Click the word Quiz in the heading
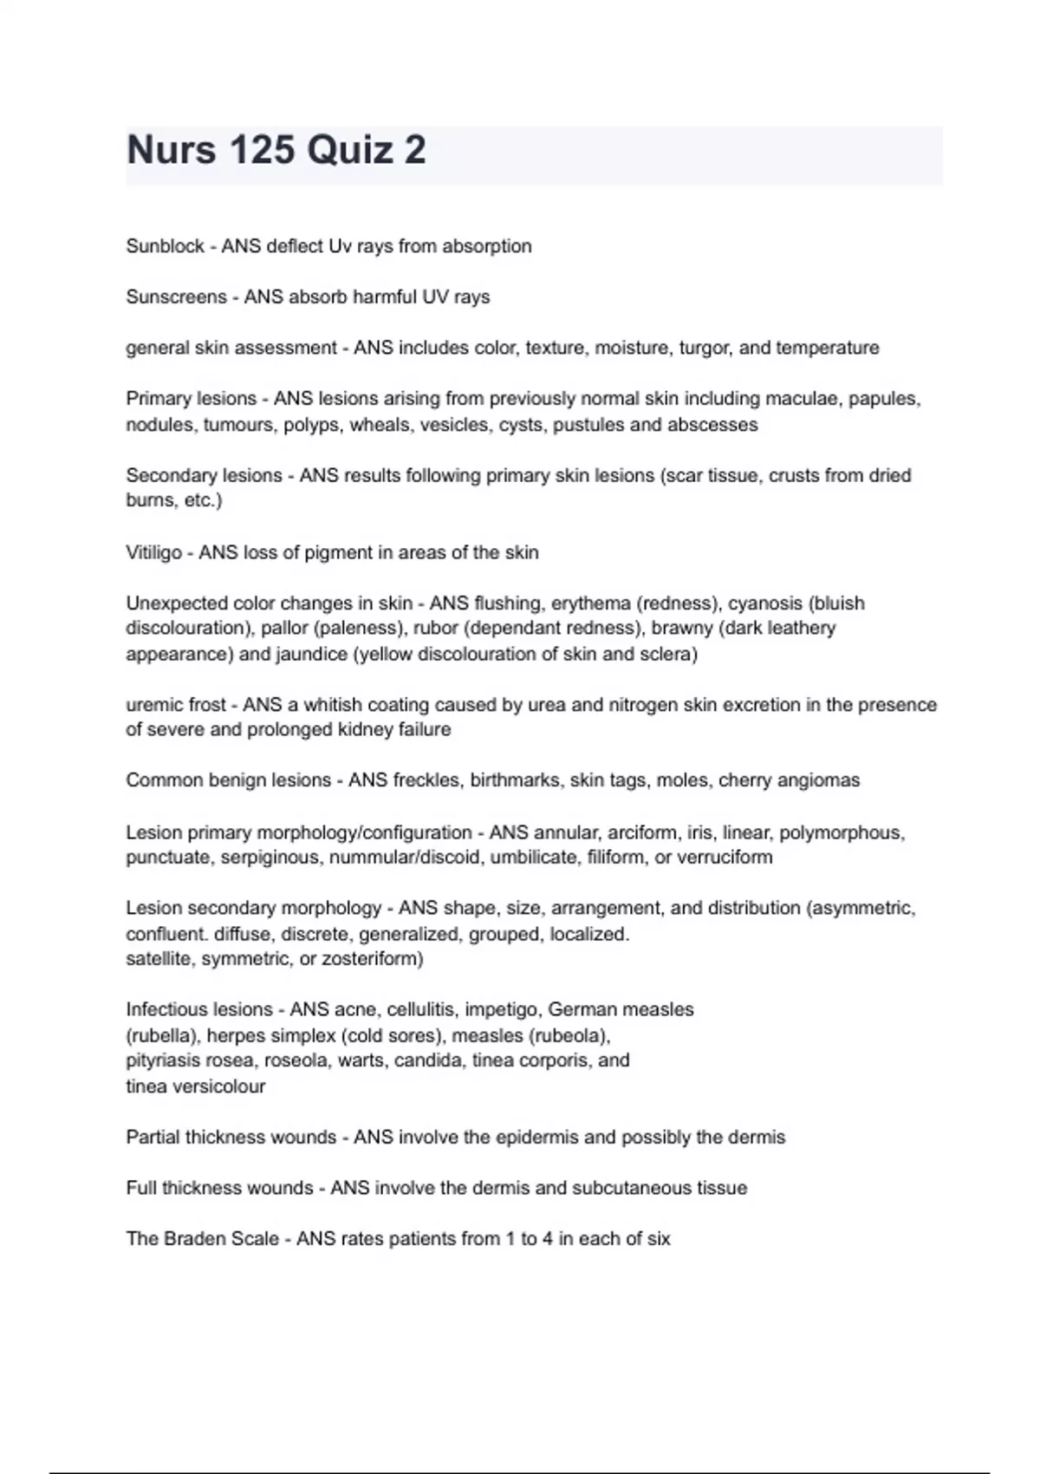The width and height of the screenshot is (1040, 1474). click(x=350, y=150)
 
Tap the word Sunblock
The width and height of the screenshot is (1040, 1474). click(x=165, y=246)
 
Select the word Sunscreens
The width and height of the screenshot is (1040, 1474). click(x=176, y=297)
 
